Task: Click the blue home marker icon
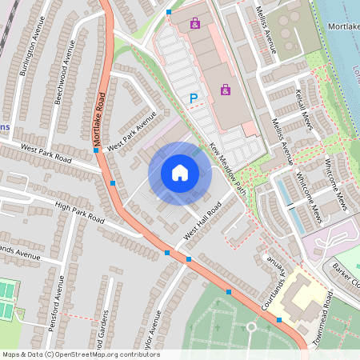(179, 172)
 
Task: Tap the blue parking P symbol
(193, 98)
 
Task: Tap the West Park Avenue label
(131, 131)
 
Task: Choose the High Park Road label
(80, 212)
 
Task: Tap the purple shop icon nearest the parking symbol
(226, 90)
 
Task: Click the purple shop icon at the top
(195, 24)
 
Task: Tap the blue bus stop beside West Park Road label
(96, 150)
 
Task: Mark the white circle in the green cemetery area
(251, 326)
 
